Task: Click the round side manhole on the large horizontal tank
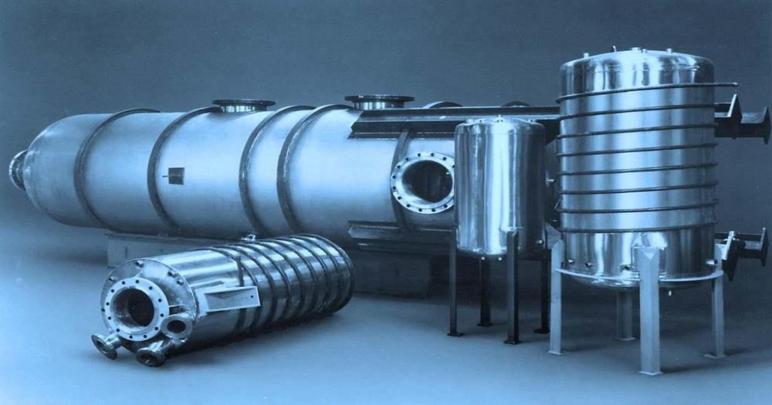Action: click(423, 181)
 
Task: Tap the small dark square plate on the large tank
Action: click(174, 175)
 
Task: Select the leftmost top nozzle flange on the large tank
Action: click(242, 105)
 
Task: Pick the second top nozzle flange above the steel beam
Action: click(378, 101)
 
